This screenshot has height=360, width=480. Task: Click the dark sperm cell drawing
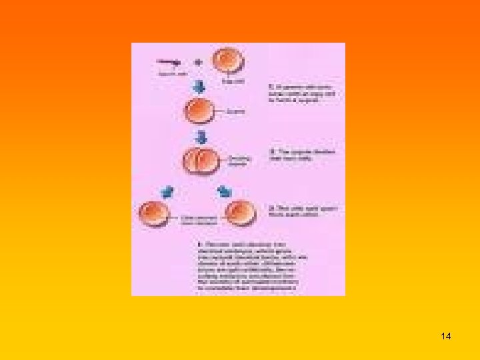168,62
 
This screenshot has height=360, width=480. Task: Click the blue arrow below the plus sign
198,87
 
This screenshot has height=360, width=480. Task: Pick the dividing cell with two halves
201,162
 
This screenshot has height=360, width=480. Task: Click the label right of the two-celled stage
239,161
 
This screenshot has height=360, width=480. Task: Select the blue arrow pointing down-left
167,192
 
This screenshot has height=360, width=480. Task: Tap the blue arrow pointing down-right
225,192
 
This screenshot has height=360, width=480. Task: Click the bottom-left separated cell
153,215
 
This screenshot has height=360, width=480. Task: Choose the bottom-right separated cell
239,213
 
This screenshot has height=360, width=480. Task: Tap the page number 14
446,337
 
